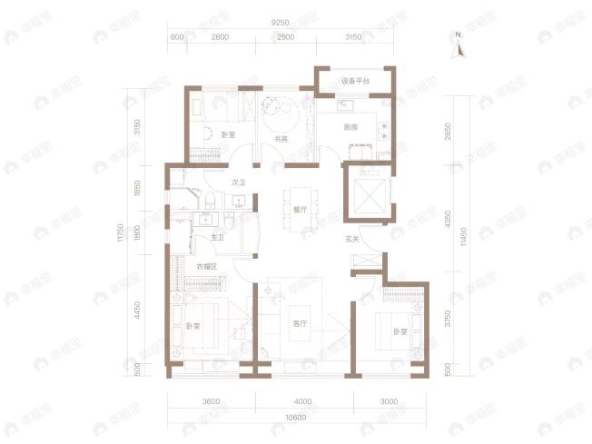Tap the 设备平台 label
click(x=355, y=82)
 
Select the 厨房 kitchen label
click(x=350, y=127)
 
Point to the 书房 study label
click(x=281, y=139)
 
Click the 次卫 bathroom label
click(x=239, y=183)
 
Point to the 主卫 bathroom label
click(x=218, y=238)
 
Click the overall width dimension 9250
click(x=281, y=20)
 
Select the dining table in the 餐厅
click(x=297, y=207)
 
